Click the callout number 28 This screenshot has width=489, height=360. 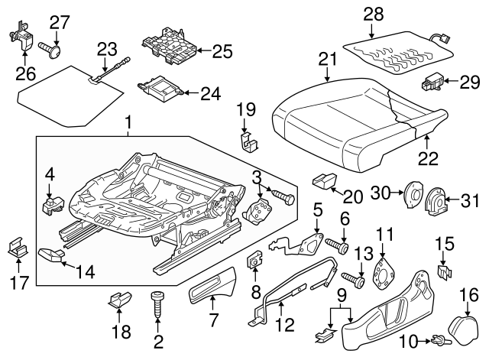(373, 13)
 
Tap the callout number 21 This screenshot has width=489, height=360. (327, 58)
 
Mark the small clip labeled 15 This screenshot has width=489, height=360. (443, 269)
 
